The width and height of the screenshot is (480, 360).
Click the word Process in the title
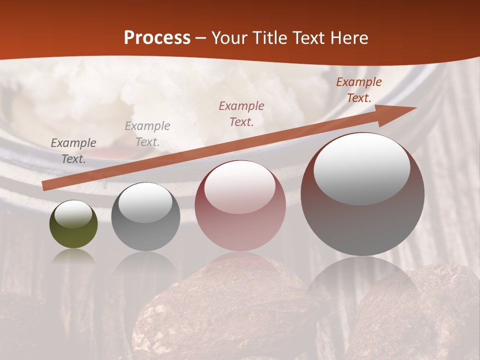point(157,38)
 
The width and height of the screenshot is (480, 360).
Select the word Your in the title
point(230,38)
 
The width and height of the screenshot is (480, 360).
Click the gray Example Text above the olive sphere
point(73,151)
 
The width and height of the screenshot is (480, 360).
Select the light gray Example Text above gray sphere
point(147,134)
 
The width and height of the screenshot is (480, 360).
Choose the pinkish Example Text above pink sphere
point(241,113)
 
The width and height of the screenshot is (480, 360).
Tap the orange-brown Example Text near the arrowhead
point(359,90)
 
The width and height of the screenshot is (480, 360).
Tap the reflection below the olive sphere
point(73,256)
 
